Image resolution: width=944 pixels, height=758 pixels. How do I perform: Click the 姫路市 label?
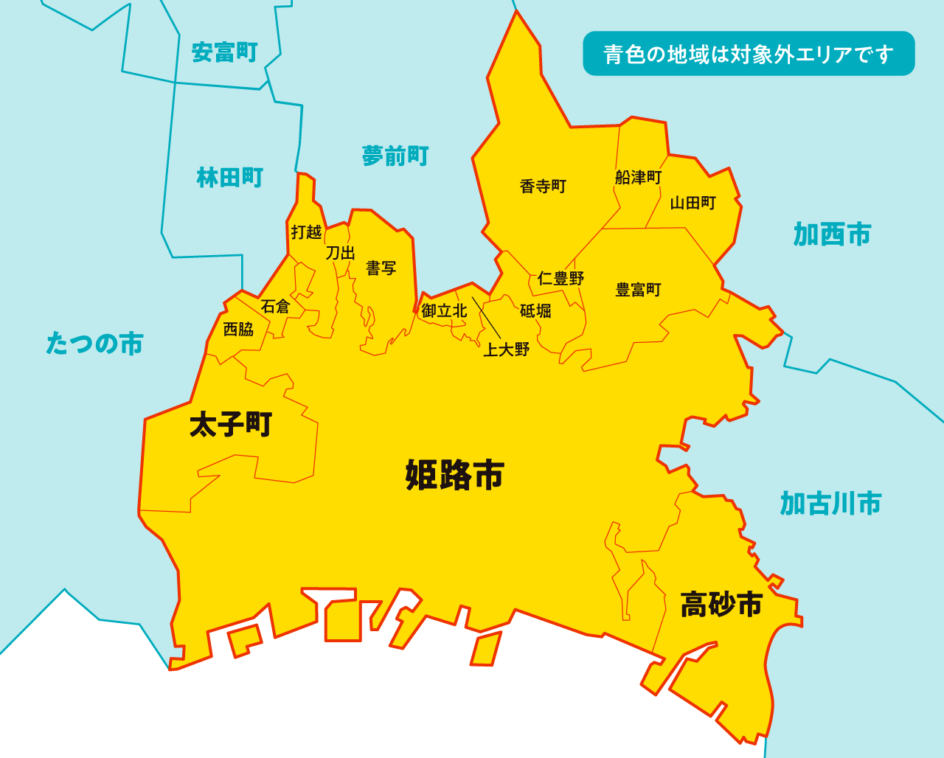(454, 475)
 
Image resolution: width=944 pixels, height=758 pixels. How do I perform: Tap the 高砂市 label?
(721, 605)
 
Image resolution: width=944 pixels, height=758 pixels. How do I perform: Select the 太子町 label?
(231, 425)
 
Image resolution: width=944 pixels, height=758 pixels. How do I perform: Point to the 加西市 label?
(832, 234)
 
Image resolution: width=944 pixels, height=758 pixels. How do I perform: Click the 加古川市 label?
(830, 504)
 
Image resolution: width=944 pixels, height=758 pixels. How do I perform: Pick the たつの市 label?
(94, 344)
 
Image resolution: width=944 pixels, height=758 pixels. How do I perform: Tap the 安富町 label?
(224, 52)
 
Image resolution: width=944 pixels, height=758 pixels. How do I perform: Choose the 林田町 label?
(229, 178)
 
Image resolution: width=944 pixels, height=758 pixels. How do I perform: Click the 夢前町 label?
(395, 156)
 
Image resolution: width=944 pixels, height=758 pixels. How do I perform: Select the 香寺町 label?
(543, 187)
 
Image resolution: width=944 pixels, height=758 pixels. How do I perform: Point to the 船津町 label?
(638, 178)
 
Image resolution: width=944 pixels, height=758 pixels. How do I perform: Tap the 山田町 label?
(693, 203)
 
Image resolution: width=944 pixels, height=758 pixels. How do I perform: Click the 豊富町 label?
(638, 290)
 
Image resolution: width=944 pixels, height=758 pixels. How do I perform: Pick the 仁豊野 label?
(560, 279)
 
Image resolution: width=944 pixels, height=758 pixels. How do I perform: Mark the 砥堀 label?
(535, 311)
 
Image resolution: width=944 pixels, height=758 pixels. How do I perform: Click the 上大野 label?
(506, 350)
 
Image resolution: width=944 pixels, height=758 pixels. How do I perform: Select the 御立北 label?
(444, 311)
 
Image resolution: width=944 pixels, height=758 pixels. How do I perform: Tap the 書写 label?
(381, 268)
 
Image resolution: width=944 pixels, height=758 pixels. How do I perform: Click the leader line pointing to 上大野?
(486, 318)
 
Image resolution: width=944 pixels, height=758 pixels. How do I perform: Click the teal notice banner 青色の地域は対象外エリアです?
(749, 54)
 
